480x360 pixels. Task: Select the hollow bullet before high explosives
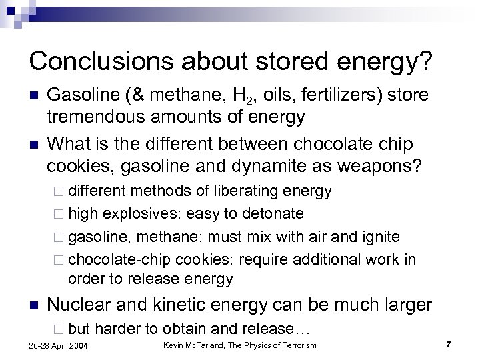[x=61, y=213]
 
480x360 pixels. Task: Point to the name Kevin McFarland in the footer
[x=199, y=345]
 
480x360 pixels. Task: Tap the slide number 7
[x=448, y=345]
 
